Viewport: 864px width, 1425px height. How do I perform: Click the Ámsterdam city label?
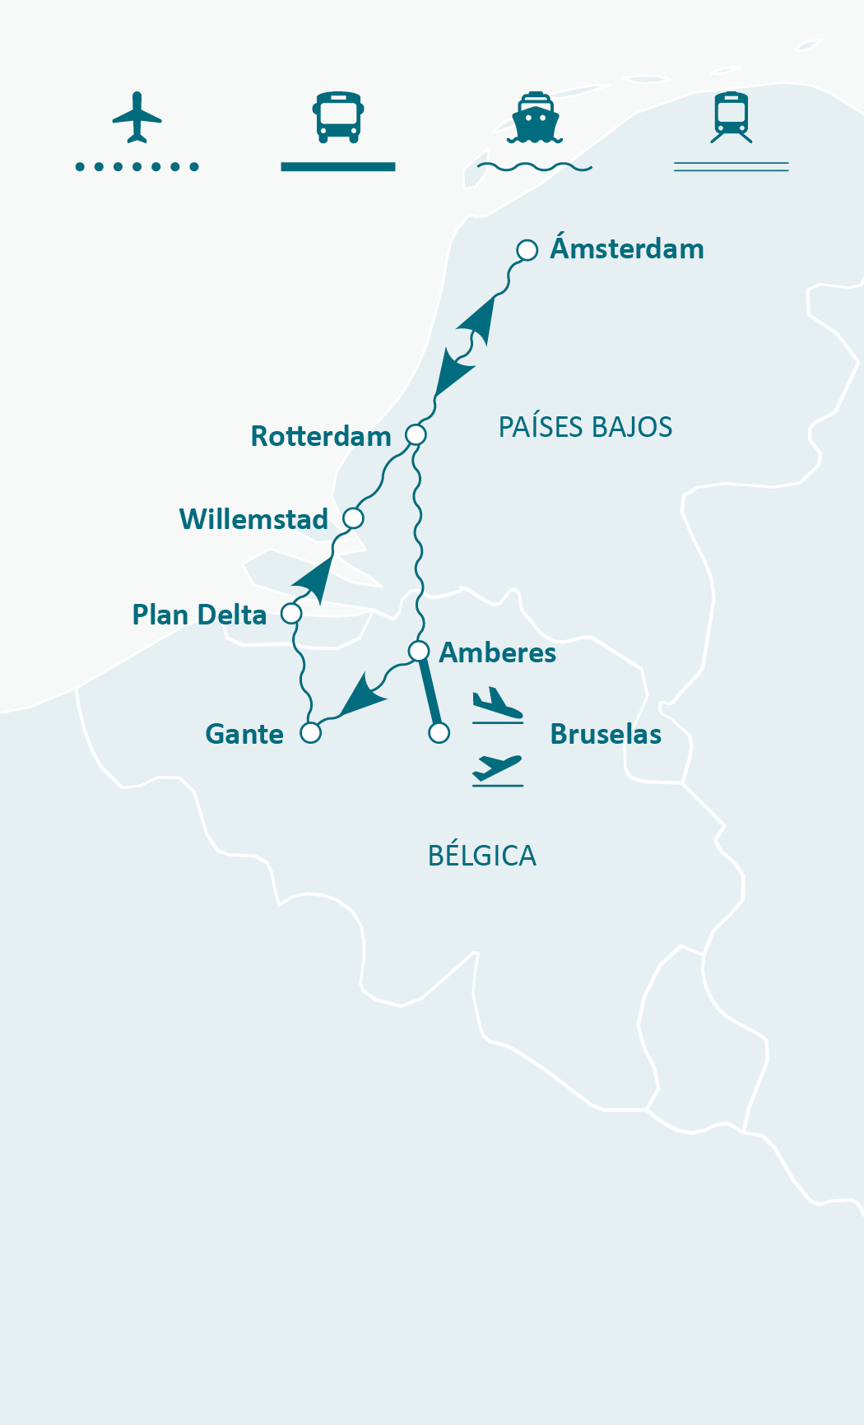[627, 248]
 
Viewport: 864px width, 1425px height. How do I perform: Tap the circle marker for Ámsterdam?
[527, 250]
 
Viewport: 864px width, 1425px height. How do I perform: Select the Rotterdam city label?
[321, 436]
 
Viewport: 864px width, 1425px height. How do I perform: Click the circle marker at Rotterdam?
[416, 434]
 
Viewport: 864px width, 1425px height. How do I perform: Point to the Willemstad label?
[253, 519]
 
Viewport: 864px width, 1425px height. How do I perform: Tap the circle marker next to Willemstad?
[353, 518]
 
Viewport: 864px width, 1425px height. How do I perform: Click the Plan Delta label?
[199, 615]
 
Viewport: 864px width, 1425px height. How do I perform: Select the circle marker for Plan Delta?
[291, 614]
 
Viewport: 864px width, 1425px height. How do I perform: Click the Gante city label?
[244, 734]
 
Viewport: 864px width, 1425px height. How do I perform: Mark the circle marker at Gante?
[310, 732]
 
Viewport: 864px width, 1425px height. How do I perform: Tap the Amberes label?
[497, 652]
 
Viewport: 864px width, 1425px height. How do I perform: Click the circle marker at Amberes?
[419, 652]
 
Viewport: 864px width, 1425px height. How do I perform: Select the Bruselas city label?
[606, 734]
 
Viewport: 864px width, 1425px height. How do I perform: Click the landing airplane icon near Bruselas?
[497, 704]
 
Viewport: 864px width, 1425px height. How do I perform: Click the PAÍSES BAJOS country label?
[585, 427]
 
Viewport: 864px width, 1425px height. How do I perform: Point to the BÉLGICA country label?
[482, 856]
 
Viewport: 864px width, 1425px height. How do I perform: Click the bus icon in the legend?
[338, 117]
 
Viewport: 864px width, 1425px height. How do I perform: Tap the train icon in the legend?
[732, 117]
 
